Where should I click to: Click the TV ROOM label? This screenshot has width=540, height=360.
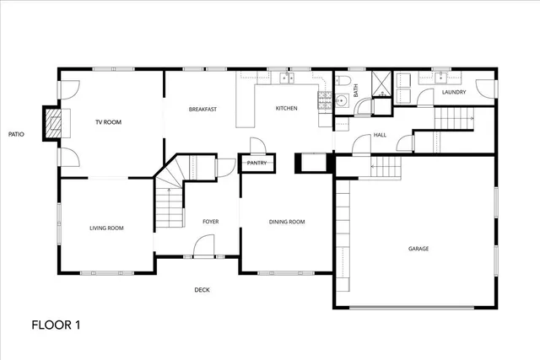[x=108, y=123]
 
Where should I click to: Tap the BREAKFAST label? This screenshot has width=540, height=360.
[x=203, y=110]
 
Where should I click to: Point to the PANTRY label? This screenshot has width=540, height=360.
[x=256, y=162]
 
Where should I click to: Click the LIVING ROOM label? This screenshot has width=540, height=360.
[x=107, y=228]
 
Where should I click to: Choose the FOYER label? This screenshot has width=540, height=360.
[x=210, y=222]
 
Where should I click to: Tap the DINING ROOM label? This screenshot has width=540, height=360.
[x=287, y=222]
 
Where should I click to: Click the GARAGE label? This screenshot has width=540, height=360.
[x=418, y=249]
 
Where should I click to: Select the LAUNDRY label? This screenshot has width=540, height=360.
[x=452, y=93]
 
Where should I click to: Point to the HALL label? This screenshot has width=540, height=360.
[x=380, y=135]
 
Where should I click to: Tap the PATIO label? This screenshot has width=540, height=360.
[x=15, y=134]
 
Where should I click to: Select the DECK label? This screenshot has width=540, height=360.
[x=202, y=291]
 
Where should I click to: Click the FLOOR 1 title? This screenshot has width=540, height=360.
[x=57, y=324]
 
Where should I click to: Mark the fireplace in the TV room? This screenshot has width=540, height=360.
[x=53, y=123]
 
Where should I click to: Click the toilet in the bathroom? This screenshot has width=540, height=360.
[x=343, y=82]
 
